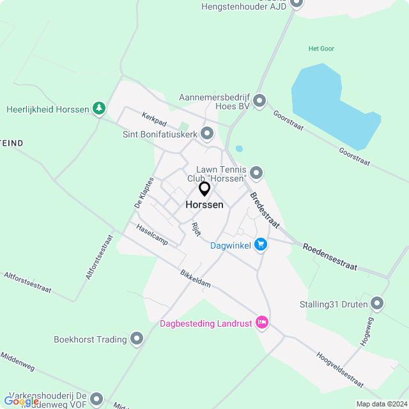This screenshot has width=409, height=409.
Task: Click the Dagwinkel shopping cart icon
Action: (260, 244)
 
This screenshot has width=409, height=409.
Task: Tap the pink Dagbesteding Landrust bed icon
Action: (261, 323)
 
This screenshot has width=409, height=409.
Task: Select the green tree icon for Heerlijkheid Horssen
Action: (98, 109)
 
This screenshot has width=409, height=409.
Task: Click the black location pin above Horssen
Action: (204, 189)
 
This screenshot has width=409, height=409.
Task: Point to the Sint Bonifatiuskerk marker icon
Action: (206, 134)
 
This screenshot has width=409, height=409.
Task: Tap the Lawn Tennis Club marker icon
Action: (256, 173)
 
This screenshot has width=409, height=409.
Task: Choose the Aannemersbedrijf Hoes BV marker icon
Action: (259, 101)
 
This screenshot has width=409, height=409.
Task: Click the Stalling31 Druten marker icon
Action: (377, 304)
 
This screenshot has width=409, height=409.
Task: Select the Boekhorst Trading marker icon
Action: (137, 339)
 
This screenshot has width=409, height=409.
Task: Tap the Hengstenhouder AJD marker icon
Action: (296, 3)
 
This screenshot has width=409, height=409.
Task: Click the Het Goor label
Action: (321, 49)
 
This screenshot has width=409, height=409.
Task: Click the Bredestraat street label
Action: (265, 210)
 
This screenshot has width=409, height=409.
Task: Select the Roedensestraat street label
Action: (330, 256)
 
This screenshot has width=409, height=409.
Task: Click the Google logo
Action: (21, 401)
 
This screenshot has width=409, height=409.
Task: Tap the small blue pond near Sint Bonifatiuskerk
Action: (239, 149)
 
